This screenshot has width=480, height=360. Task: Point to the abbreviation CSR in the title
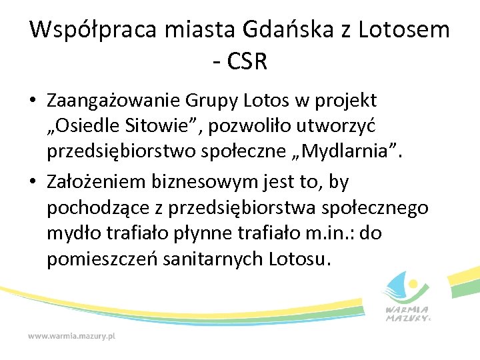247,62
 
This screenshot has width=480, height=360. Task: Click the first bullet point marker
33,102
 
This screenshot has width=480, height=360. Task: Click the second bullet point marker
33,182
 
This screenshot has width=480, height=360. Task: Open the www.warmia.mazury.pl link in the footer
71,337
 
